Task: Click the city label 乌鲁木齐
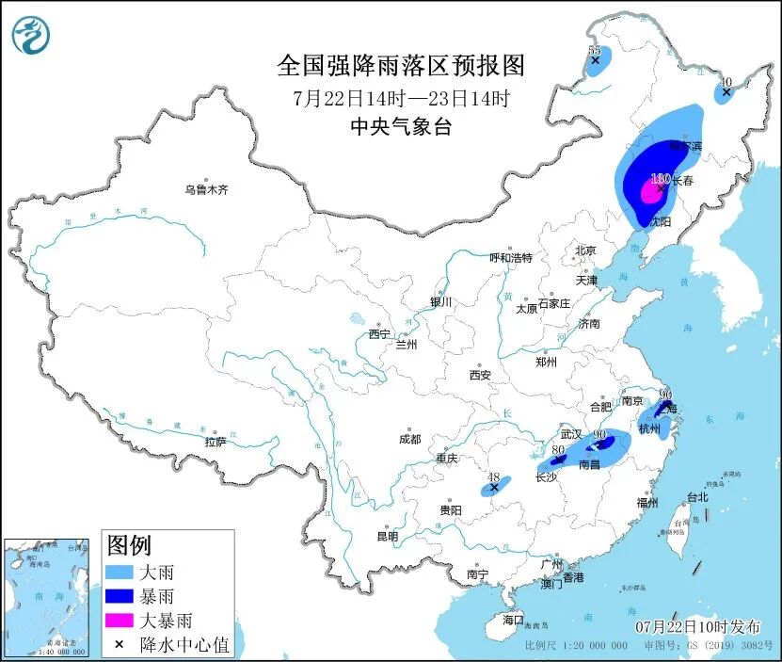(x=205, y=189)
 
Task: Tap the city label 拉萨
(x=215, y=442)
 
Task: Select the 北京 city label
(x=585, y=250)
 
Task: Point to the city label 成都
(x=409, y=438)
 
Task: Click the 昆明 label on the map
(x=387, y=536)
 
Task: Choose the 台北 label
(x=696, y=496)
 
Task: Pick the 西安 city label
(x=480, y=375)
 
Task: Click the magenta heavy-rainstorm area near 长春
(x=648, y=192)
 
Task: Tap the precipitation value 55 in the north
(x=594, y=50)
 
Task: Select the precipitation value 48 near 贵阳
(x=493, y=477)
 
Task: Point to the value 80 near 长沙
(x=558, y=451)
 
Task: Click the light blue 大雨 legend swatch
(x=120, y=572)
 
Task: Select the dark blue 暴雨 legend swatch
(x=120, y=596)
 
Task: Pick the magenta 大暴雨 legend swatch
(x=120, y=621)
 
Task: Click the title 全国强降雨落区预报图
(x=400, y=66)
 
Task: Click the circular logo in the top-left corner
(x=30, y=36)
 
